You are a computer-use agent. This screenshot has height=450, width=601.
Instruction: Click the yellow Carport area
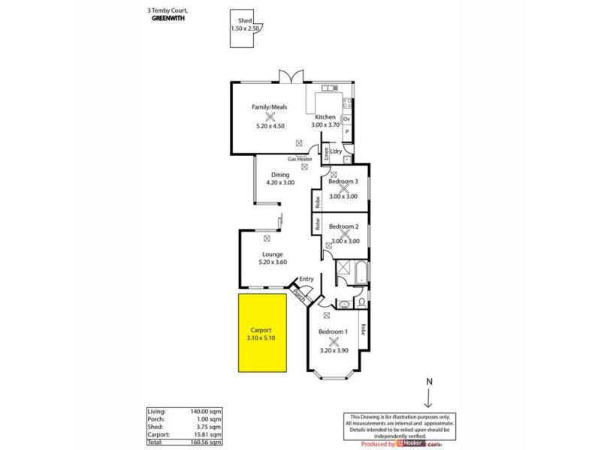263,333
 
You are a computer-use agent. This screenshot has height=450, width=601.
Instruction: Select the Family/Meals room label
269,107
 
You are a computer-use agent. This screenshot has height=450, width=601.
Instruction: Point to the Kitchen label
325,117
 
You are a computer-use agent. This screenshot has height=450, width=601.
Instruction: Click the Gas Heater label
300,159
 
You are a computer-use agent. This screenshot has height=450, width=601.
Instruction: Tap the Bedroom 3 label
343,181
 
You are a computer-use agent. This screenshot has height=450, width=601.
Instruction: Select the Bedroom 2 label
343,226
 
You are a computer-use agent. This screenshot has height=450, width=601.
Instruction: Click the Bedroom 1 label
333,331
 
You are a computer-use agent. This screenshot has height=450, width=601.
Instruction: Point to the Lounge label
272,254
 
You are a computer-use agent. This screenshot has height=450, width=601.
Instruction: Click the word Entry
307,279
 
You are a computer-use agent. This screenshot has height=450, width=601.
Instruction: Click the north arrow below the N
430,397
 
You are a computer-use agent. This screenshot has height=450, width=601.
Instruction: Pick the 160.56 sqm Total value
207,442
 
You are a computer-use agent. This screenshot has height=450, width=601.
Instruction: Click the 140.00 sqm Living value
207,412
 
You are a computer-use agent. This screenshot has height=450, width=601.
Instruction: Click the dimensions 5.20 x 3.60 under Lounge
272,262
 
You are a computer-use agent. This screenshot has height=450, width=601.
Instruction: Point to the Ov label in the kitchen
346,119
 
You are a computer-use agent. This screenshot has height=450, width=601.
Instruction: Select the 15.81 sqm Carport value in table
208,434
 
